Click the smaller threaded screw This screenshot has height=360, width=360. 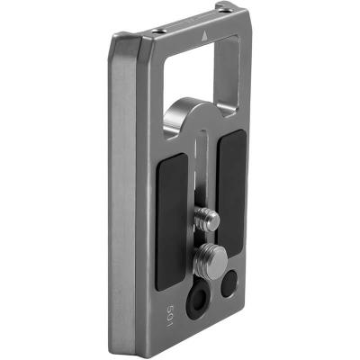pyautogui.click(x=207, y=220)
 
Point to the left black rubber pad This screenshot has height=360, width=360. pyautogui.click(x=172, y=221)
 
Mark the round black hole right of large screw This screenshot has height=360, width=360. pyautogui.click(x=229, y=283)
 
